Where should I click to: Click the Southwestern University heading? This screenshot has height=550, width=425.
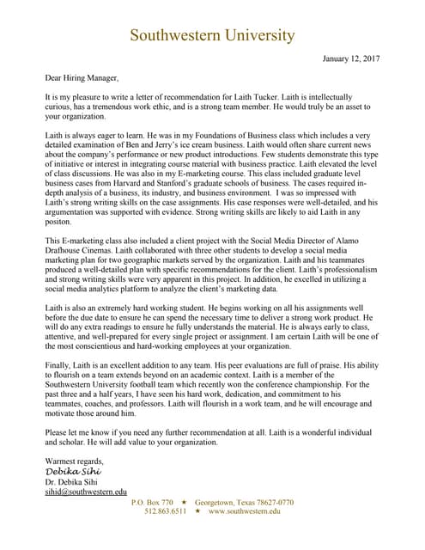click(x=212, y=35)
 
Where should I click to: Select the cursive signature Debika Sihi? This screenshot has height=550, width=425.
click(x=73, y=472)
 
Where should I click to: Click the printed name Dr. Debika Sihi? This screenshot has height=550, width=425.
click(x=72, y=482)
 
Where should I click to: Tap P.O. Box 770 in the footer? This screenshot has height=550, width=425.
click(x=152, y=502)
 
